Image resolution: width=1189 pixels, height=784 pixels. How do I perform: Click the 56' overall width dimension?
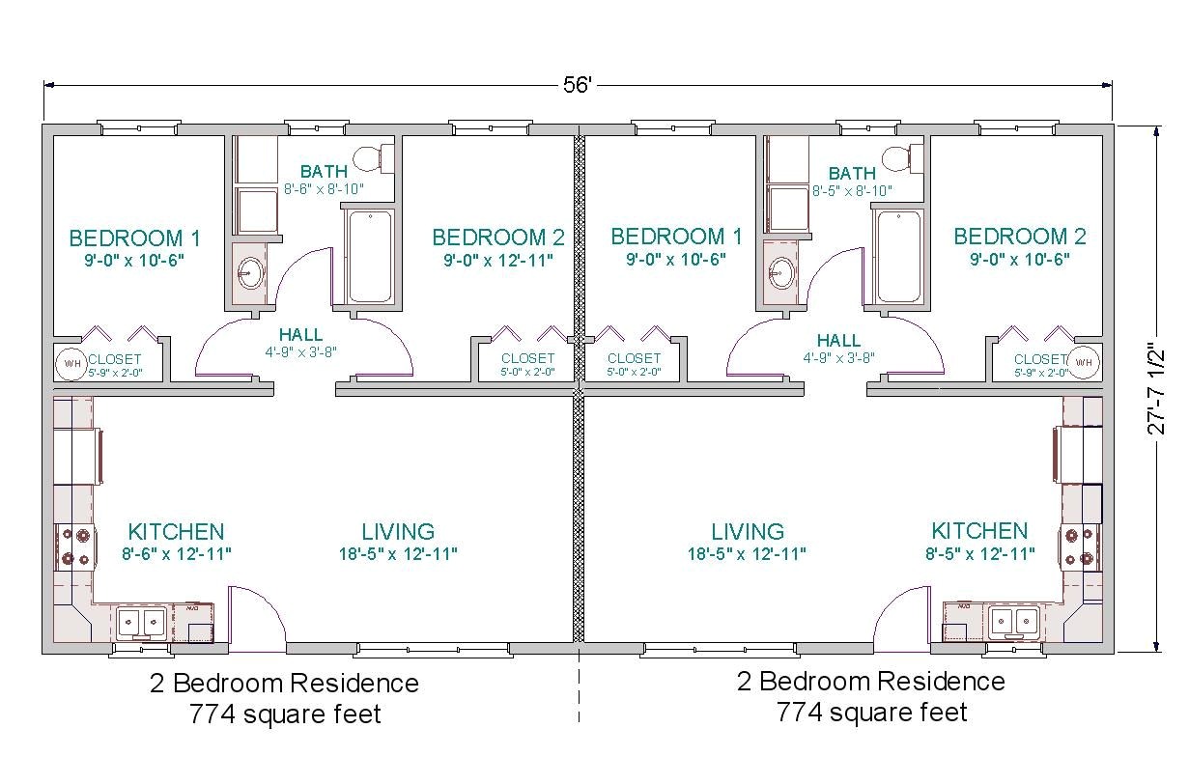(577, 84)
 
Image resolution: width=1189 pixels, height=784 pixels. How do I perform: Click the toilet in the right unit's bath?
(902, 157)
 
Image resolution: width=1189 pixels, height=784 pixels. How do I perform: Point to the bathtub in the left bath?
(369, 256)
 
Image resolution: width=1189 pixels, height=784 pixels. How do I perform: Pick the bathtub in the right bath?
(898, 256)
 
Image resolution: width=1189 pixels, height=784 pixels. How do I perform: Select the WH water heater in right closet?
(1084, 363)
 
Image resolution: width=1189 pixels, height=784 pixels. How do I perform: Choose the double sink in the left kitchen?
(141, 623)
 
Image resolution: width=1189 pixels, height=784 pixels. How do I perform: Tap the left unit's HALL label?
(301, 335)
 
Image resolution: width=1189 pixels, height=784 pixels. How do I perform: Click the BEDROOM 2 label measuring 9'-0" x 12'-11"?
(497, 238)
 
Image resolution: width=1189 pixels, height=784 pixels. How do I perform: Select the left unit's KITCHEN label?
(176, 532)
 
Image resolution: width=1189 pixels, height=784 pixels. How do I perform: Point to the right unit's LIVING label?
(748, 532)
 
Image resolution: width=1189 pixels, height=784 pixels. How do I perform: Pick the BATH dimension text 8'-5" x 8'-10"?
(851, 191)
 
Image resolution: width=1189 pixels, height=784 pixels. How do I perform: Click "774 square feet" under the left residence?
(285, 714)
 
